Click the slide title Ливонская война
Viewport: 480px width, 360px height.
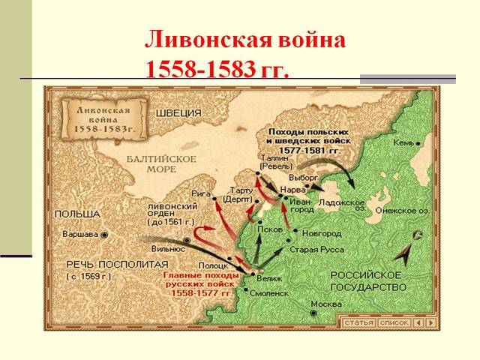coord(245,40)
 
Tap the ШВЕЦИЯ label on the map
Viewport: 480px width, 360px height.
coord(180,113)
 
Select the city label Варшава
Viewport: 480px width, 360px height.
coord(79,234)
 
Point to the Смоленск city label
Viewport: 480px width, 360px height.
coord(268,293)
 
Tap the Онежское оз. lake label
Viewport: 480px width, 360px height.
coord(402,211)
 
